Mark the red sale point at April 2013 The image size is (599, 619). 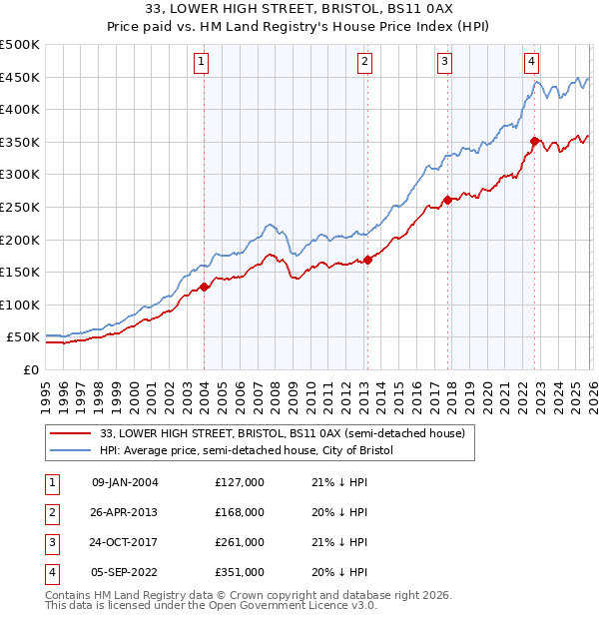(367, 261)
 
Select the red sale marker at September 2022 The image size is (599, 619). (535, 142)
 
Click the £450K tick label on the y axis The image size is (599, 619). (19, 77)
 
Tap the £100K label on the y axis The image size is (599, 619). (19, 305)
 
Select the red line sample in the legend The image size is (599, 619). (69, 434)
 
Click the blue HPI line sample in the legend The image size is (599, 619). (69, 451)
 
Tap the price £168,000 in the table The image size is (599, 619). (239, 512)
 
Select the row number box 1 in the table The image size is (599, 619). (50, 482)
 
